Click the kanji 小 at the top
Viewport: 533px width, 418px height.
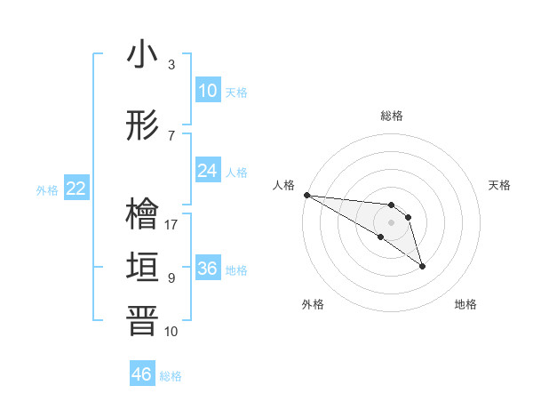pyautogui.click(x=142, y=55)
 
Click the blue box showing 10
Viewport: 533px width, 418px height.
pyautogui.click(x=208, y=91)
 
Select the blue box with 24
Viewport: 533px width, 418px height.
pyautogui.click(x=208, y=171)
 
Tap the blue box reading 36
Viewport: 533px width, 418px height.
pyautogui.click(x=208, y=269)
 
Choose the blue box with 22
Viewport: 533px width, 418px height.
pyautogui.click(x=76, y=189)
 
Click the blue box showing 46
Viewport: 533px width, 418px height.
pyautogui.click(x=142, y=374)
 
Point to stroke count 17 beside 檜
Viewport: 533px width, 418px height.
pyautogui.click(x=171, y=225)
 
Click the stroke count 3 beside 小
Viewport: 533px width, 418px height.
pyautogui.click(x=171, y=65)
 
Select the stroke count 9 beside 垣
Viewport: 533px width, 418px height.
pyautogui.click(x=171, y=278)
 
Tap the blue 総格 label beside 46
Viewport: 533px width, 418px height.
pyautogui.click(x=171, y=376)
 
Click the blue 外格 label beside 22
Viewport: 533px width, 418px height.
pyautogui.click(x=47, y=189)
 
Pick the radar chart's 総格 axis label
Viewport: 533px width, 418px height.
pyautogui.click(x=392, y=116)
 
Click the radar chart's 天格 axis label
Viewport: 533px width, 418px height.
pyautogui.click(x=500, y=185)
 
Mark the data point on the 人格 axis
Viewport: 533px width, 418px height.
pyautogui.click(x=306, y=195)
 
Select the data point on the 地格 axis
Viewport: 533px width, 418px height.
pyautogui.click(x=422, y=266)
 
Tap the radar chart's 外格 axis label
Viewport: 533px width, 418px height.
pyautogui.click(x=313, y=304)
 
